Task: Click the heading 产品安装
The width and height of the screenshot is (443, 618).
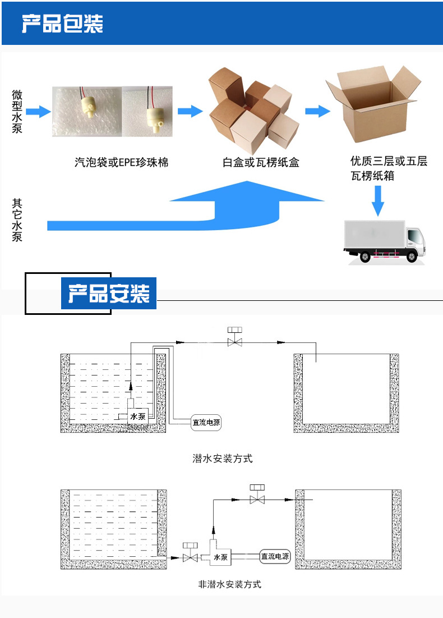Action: point(109,294)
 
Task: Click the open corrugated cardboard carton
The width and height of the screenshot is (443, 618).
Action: point(373,107)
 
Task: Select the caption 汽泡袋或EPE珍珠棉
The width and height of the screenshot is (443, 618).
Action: point(121,163)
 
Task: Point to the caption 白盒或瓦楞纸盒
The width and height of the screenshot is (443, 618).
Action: point(261,163)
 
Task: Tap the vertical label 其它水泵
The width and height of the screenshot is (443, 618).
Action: point(17,220)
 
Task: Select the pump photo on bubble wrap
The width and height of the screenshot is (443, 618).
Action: point(87,111)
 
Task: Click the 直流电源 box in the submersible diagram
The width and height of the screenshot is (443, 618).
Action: point(206,423)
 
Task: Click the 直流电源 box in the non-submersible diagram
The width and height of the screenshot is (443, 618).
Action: point(275,557)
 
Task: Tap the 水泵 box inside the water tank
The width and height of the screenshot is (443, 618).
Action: point(138,416)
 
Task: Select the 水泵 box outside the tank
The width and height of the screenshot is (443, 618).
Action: point(220,557)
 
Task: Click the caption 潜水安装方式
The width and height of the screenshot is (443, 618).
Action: point(223,459)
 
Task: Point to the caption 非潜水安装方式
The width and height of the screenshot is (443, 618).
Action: point(230,584)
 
